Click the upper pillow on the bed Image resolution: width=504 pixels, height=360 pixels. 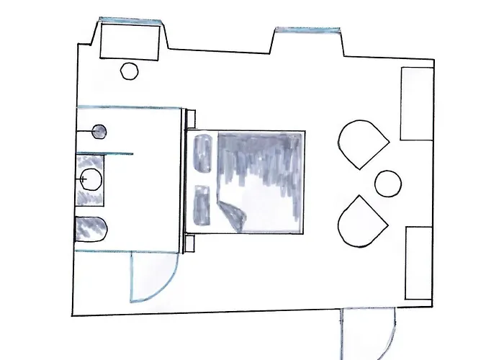[x=202, y=152]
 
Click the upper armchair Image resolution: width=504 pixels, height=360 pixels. [x=362, y=143]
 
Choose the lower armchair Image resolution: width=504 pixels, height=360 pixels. [x=361, y=220]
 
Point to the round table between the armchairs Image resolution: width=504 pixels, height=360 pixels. [x=388, y=182]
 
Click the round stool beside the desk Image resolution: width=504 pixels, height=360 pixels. [x=129, y=71]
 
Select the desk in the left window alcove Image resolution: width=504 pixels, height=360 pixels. [x=129, y=41]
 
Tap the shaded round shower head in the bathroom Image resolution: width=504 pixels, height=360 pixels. [x=99, y=132]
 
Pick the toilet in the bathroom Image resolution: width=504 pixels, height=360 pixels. [x=91, y=228]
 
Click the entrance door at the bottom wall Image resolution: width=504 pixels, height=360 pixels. [x=369, y=328]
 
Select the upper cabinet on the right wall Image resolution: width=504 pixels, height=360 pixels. [x=417, y=104]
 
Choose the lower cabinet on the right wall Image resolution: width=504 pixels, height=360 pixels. [x=418, y=263]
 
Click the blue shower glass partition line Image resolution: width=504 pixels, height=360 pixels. [x=104, y=154]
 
